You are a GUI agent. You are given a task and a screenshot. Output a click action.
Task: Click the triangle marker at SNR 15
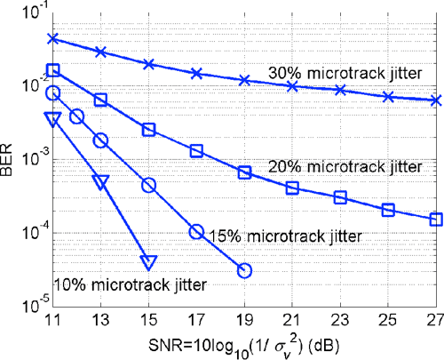(x=148, y=261)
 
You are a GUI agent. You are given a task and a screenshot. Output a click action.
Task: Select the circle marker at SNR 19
(x=244, y=270)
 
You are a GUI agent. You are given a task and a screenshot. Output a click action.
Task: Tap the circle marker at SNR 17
(x=196, y=232)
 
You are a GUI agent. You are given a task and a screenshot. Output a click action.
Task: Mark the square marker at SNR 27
(x=436, y=219)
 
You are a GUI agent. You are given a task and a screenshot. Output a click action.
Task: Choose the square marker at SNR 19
(x=244, y=172)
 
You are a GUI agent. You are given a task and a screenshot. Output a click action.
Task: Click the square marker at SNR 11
(x=52, y=69)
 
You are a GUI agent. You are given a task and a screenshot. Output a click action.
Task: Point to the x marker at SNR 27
(x=436, y=100)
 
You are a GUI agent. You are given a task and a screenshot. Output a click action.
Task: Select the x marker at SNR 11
(x=52, y=39)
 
